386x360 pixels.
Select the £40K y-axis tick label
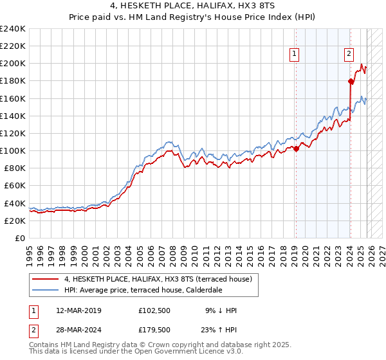[14, 203]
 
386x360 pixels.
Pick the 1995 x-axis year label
[30, 251]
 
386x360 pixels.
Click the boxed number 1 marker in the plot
[295, 55]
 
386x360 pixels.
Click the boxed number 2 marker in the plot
[349, 55]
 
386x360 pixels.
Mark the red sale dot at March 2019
[296, 148]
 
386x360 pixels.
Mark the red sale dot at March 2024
[351, 81]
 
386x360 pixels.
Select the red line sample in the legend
[46, 278]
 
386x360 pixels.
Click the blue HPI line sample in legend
[46, 289]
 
